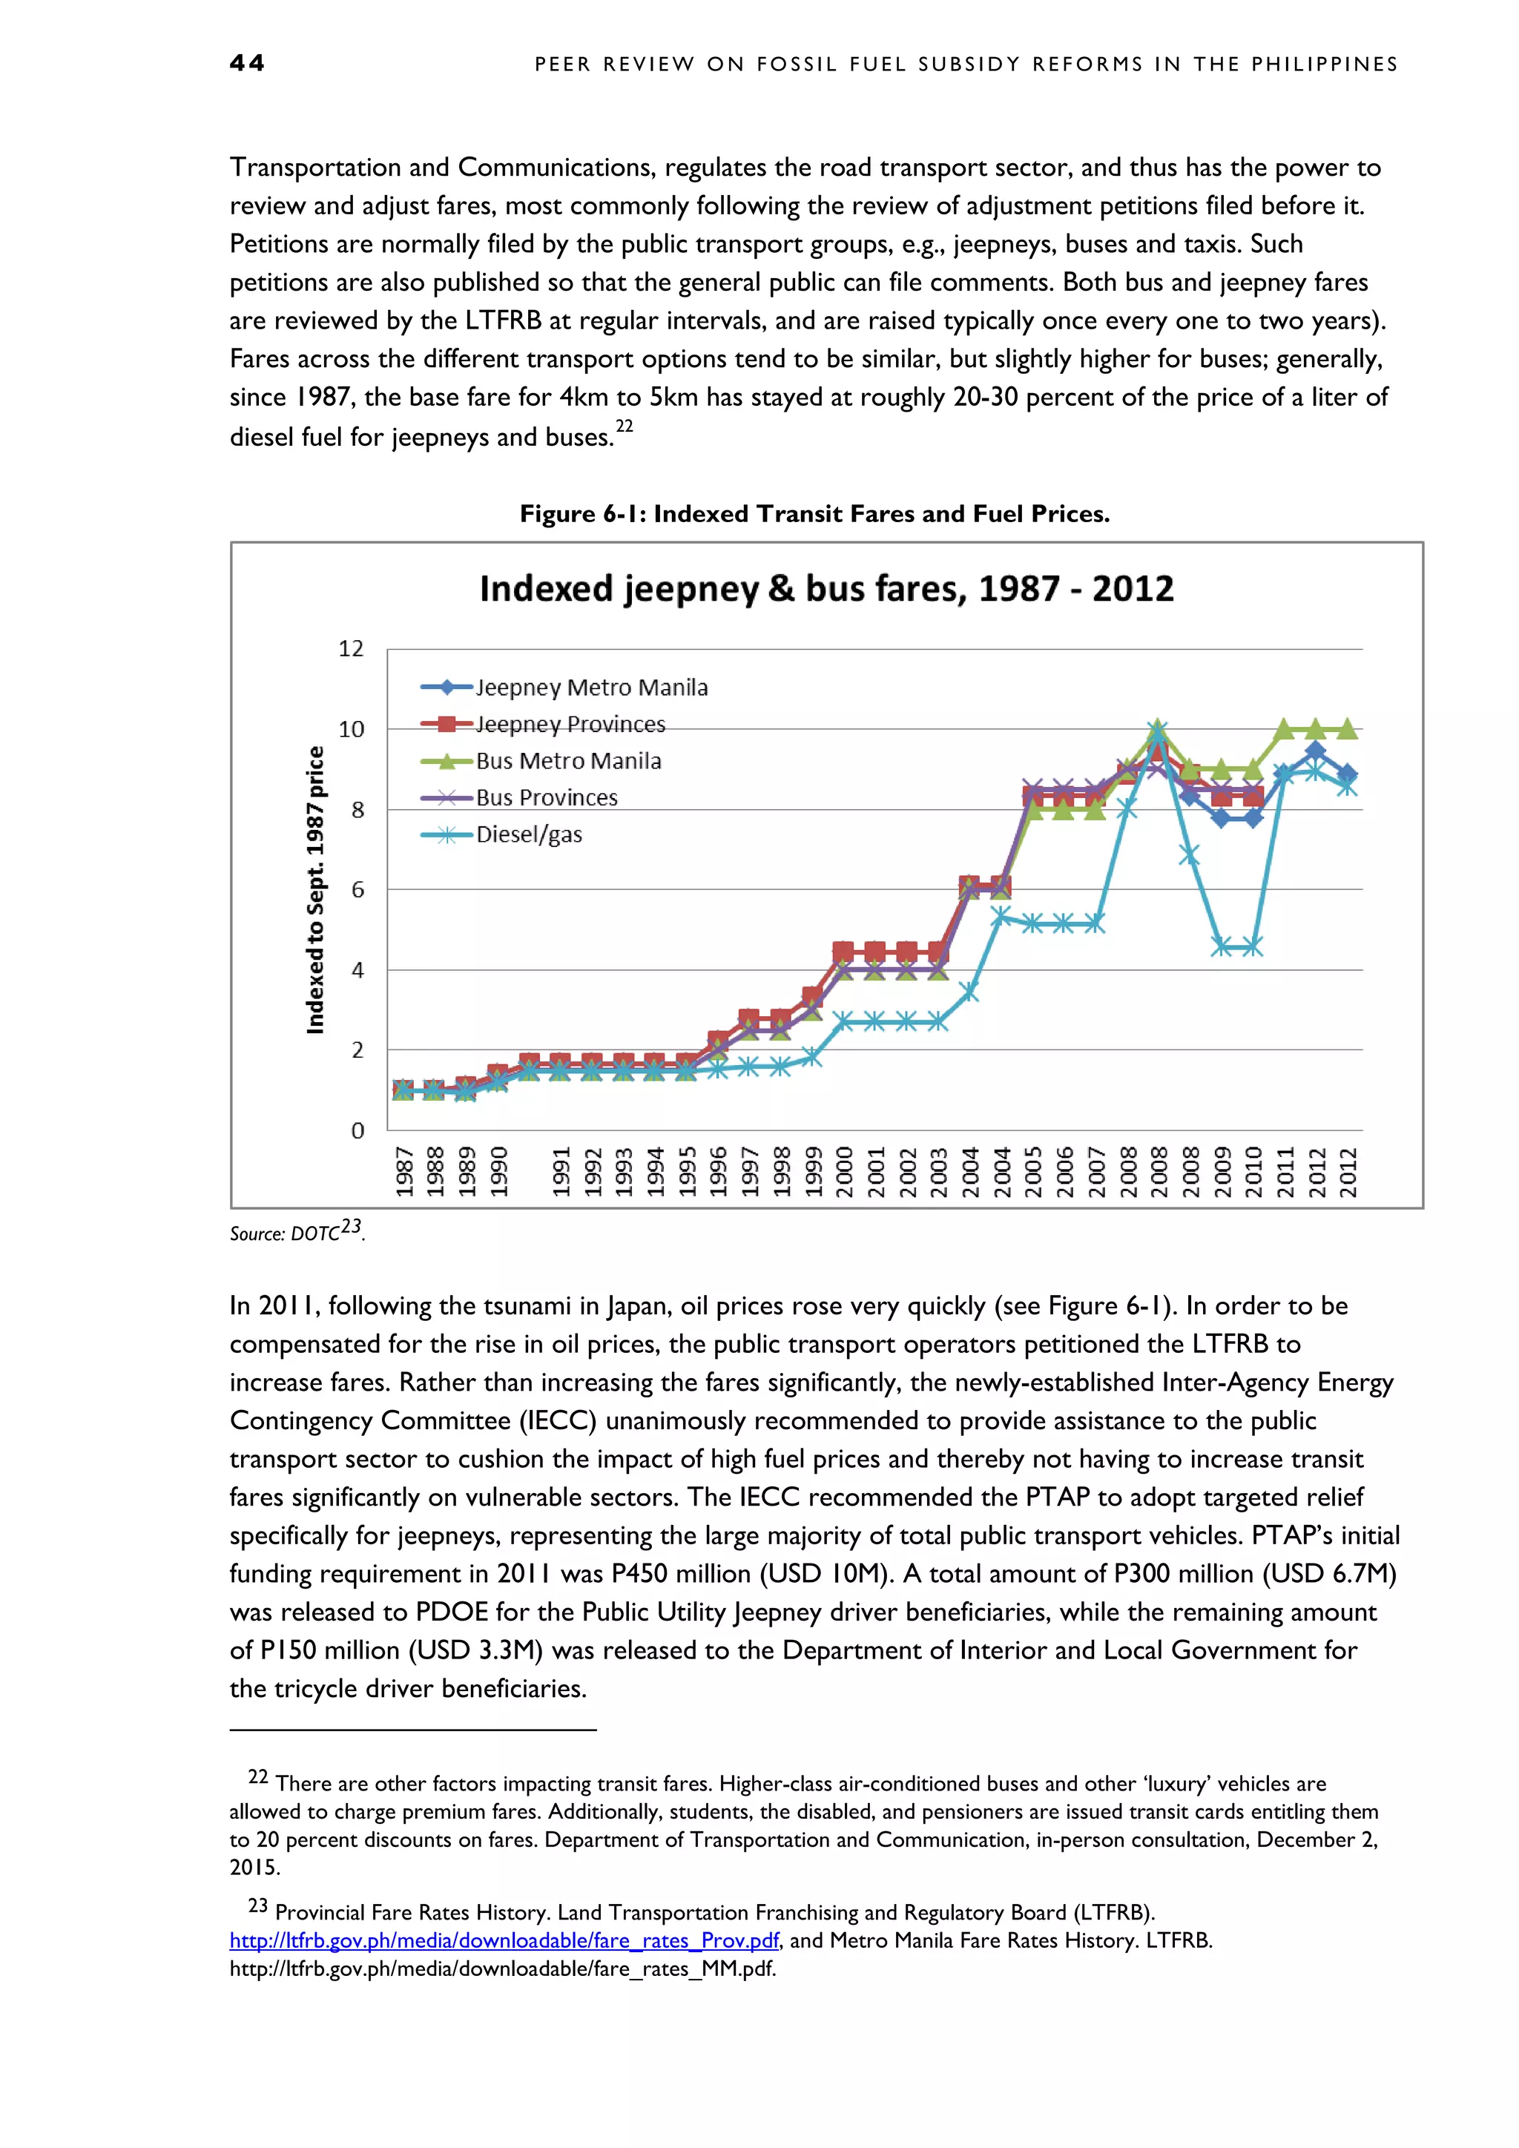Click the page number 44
coord(247,63)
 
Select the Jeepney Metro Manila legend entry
coord(590,688)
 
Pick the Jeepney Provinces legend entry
coord(570,724)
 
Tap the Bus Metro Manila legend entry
coord(567,760)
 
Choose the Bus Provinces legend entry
coord(546,797)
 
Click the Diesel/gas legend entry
coord(529,834)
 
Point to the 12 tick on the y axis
coord(351,648)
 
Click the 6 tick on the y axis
coord(357,890)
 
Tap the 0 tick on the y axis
coord(357,1130)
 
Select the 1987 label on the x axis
coord(404,1171)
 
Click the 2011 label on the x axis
coord(1285,1171)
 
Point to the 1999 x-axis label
coord(813,1171)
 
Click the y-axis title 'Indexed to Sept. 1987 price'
coord(315,890)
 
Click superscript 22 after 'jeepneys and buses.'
coord(624,426)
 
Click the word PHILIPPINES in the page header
coord(1325,65)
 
